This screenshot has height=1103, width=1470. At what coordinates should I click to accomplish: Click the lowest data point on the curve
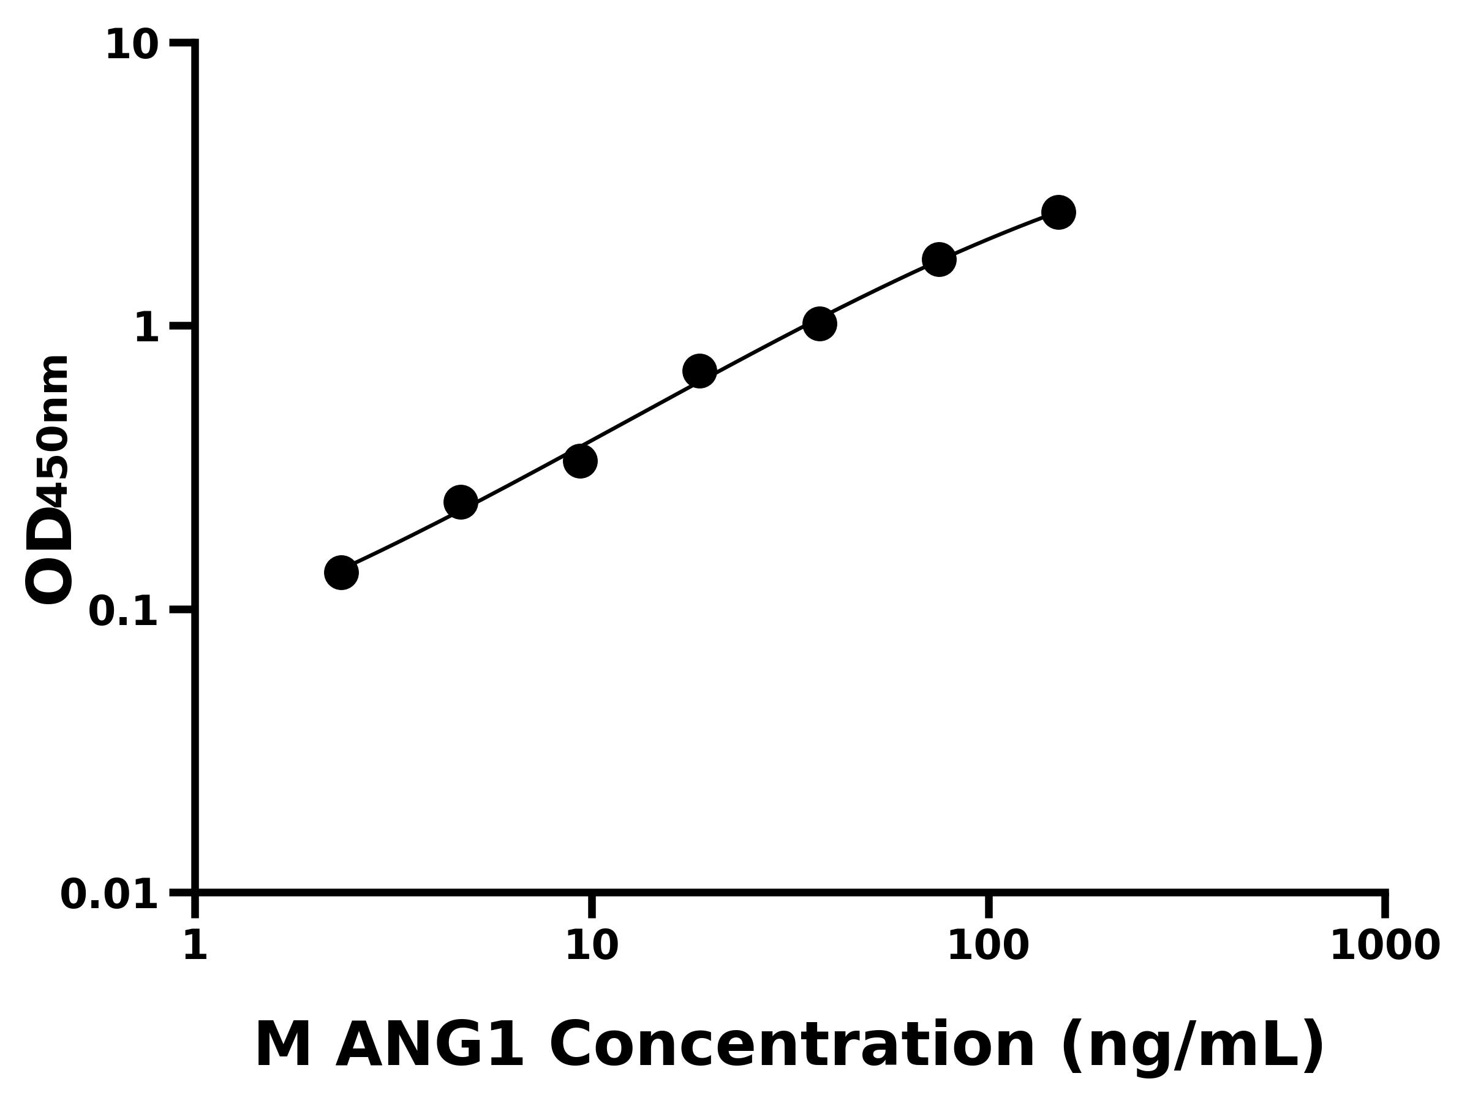click(341, 572)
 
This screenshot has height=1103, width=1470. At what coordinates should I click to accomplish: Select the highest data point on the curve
click(1058, 212)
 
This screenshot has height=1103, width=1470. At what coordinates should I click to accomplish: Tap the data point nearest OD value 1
click(820, 324)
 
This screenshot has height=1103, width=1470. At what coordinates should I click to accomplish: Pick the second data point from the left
click(461, 502)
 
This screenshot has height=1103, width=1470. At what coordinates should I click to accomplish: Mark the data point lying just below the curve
click(580, 461)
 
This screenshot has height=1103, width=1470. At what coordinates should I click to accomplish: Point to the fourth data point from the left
click(699, 370)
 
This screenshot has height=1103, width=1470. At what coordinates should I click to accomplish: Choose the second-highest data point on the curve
click(939, 259)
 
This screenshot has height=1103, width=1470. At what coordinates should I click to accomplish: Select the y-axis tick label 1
click(147, 328)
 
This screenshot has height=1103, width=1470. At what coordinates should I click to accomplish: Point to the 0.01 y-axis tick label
click(110, 895)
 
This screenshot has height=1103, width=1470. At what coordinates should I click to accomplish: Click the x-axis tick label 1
click(195, 945)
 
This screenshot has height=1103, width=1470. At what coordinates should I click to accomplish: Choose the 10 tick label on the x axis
click(592, 945)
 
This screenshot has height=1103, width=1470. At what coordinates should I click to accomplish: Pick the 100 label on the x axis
click(988, 945)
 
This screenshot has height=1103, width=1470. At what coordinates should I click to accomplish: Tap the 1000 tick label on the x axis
click(1385, 945)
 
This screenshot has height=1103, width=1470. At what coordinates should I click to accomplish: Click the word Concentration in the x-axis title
click(792, 1045)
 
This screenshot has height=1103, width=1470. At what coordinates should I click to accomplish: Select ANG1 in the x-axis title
click(429, 1045)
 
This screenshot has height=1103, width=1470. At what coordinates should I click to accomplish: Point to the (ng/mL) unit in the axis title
click(1193, 1047)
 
